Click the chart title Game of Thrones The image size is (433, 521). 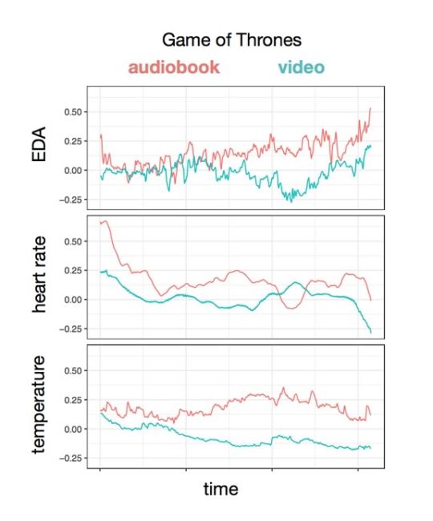coord(231,39)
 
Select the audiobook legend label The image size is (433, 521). coord(173,67)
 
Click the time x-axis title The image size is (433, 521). coord(220,488)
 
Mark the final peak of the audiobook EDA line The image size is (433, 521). coord(370,108)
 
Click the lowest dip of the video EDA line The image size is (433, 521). coord(291,201)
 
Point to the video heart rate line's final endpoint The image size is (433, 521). coord(371,332)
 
